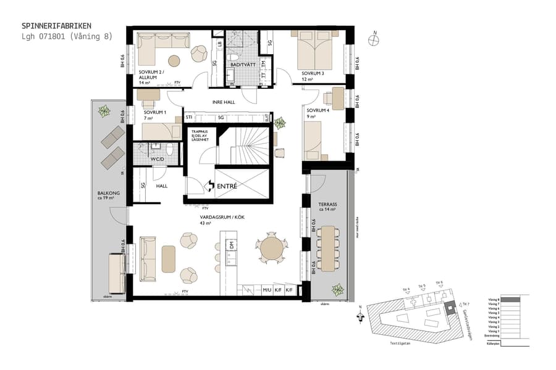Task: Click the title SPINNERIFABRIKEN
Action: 57,26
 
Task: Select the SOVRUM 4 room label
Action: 316,110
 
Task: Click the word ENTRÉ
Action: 227,185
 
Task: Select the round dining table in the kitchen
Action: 272,249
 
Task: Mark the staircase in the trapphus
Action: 245,147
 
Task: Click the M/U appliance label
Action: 267,290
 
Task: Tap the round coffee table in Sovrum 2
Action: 175,61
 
